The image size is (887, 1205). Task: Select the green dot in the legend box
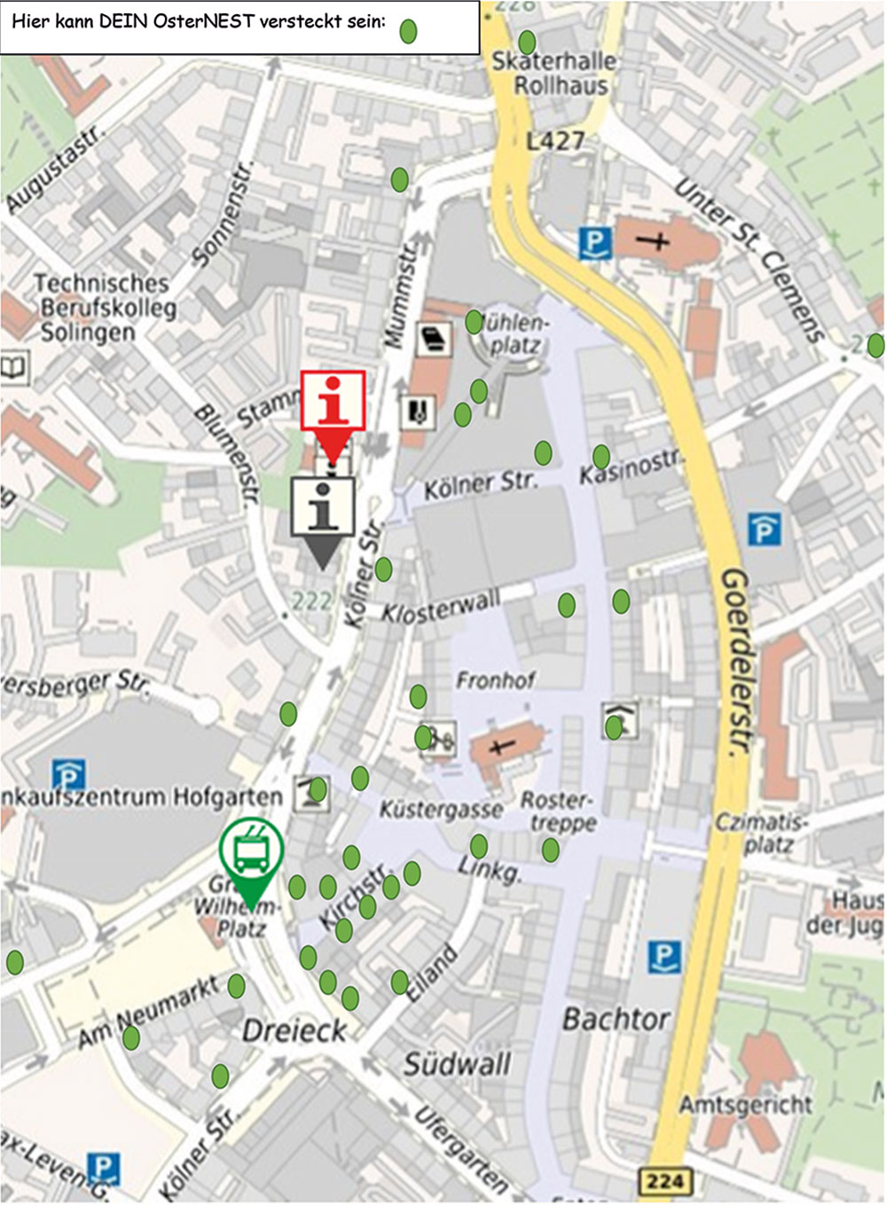pos(408,31)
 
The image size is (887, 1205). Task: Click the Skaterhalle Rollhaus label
pos(554,74)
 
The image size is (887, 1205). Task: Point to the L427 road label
pos(555,140)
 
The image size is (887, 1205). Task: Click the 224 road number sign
pos(664,1180)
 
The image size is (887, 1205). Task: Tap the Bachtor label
pos(616,1019)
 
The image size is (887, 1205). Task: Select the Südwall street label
pos(457,1063)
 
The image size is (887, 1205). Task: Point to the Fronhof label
pos(495,680)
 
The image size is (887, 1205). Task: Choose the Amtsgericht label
pos(745,1105)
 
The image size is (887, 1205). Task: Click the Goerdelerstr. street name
pos(735,661)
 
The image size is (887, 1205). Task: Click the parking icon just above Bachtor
pos(664,957)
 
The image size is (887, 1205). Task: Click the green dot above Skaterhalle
pos(527,42)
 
